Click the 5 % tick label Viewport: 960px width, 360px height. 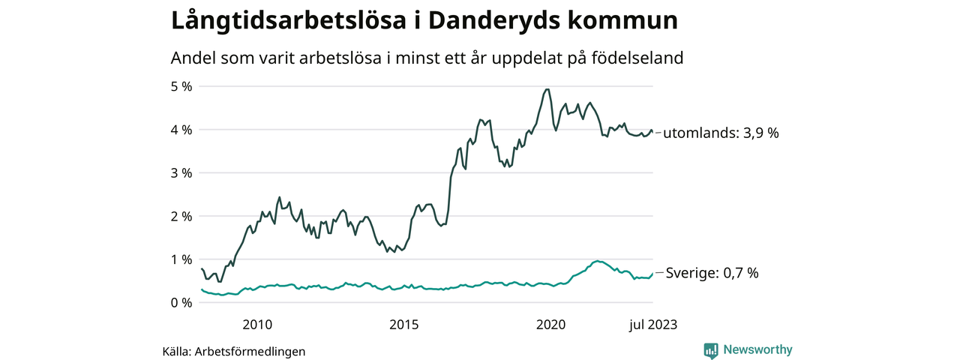click(182, 86)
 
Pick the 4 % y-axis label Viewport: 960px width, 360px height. click(182, 130)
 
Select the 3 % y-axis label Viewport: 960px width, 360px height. click(182, 172)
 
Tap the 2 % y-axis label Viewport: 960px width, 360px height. click(182, 216)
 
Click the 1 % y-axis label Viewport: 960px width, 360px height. click(182, 259)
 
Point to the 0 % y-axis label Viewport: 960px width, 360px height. click(182, 302)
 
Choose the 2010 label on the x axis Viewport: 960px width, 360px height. click(256, 324)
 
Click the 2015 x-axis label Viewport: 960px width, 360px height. click(403, 324)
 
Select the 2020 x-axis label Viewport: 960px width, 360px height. click(550, 324)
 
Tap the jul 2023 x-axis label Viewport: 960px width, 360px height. click(652, 324)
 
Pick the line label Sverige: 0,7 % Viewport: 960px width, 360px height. click(712, 273)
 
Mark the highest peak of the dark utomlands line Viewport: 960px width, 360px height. click(547, 89)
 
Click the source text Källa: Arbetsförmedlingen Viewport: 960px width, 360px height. click(234, 351)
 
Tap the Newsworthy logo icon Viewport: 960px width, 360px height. click(711, 349)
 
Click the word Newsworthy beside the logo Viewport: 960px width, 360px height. click(757, 349)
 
